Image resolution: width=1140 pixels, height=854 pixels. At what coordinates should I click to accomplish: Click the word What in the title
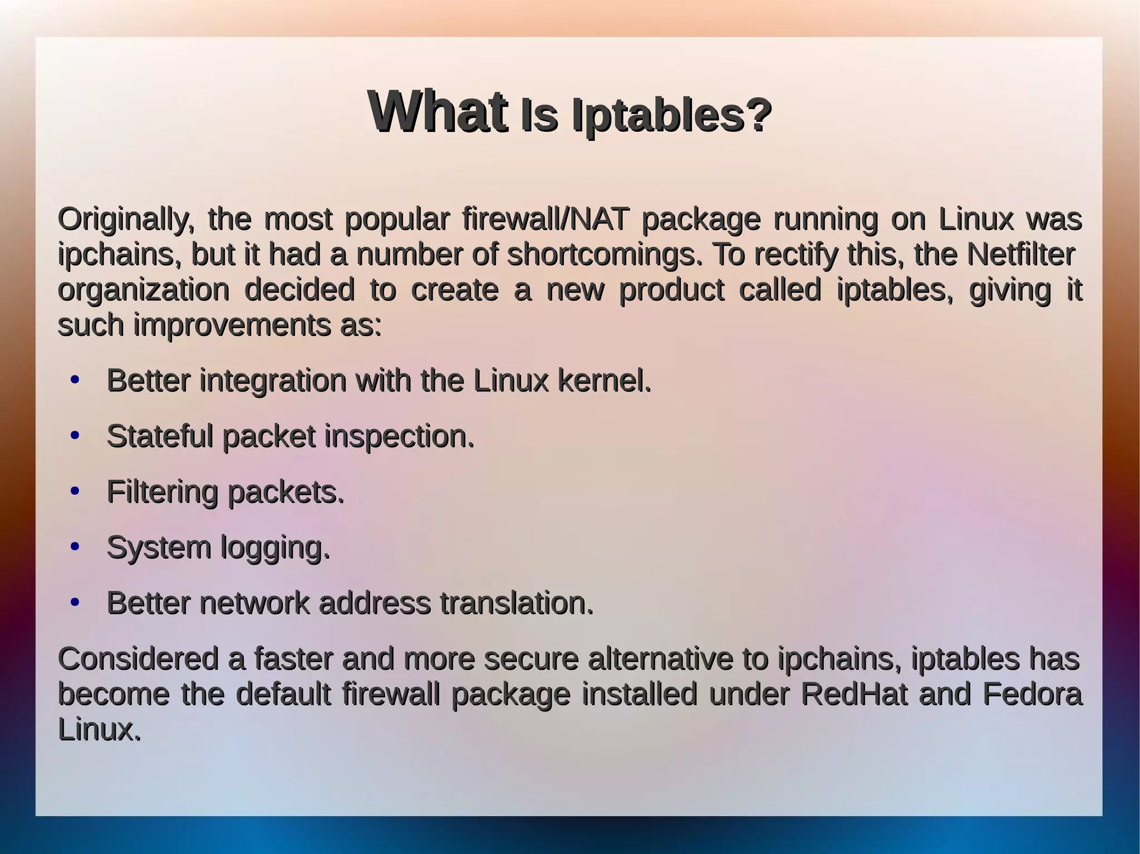point(438,111)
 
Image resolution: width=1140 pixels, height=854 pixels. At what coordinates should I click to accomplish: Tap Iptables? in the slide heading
point(672,116)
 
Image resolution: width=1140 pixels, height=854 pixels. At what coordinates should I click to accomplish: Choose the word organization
point(144,290)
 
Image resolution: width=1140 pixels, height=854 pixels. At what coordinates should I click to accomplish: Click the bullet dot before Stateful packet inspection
point(75,436)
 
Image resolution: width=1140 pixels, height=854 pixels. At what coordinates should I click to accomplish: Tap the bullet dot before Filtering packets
point(75,491)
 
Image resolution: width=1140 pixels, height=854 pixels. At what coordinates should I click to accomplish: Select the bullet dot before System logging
point(75,547)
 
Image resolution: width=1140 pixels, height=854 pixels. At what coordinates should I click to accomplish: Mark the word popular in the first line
point(397,220)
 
